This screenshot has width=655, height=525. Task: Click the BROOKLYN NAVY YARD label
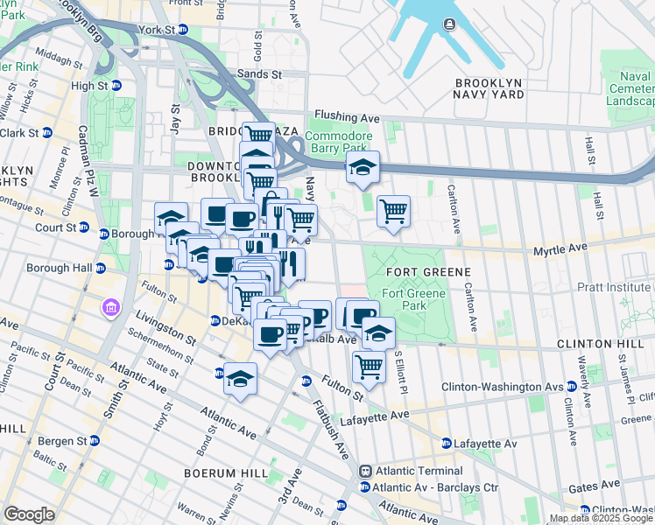pyautogui.click(x=489, y=88)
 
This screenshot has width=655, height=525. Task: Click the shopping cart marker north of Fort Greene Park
pyautogui.click(x=393, y=210)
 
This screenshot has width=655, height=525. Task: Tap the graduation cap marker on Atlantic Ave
pyautogui.click(x=240, y=379)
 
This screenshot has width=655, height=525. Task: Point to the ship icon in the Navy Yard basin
pyautogui.click(x=450, y=24)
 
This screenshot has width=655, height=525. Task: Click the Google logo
pyautogui.click(x=29, y=514)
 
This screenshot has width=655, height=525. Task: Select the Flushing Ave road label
pyautogui.click(x=347, y=117)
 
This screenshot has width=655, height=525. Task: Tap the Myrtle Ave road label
pyautogui.click(x=560, y=249)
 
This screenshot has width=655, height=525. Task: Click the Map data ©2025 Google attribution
pyautogui.click(x=601, y=518)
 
